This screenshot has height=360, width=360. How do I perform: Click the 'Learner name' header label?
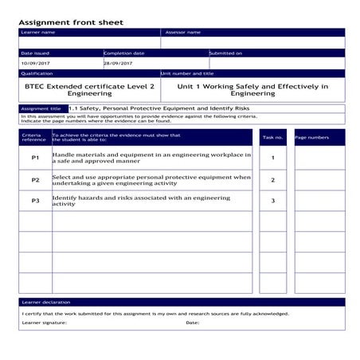click(x=38, y=33)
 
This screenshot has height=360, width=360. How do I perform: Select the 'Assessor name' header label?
click(x=182, y=33)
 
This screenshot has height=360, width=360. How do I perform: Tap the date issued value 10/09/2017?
click(x=35, y=63)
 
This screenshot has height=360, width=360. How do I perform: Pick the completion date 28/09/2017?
click(x=119, y=63)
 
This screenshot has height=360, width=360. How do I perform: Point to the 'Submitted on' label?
click(x=225, y=53)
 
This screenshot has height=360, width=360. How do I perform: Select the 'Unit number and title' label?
click(x=188, y=72)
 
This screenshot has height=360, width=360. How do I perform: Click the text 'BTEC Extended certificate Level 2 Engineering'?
click(x=89, y=89)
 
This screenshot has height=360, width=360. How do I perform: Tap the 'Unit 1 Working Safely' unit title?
click(x=252, y=89)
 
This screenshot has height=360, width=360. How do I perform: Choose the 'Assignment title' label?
click(x=41, y=108)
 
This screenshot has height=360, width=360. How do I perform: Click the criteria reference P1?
click(x=35, y=158)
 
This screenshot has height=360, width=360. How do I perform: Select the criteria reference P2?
click(x=35, y=180)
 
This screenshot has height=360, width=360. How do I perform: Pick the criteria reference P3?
click(x=35, y=201)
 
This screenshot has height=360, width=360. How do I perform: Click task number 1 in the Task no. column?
click(x=272, y=158)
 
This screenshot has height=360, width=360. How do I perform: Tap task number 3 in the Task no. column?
click(x=272, y=201)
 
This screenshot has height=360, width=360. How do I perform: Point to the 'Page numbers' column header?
click(x=311, y=137)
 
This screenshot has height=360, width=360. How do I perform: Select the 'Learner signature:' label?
click(x=45, y=323)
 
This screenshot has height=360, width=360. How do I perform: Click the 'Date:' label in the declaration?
click(x=192, y=323)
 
